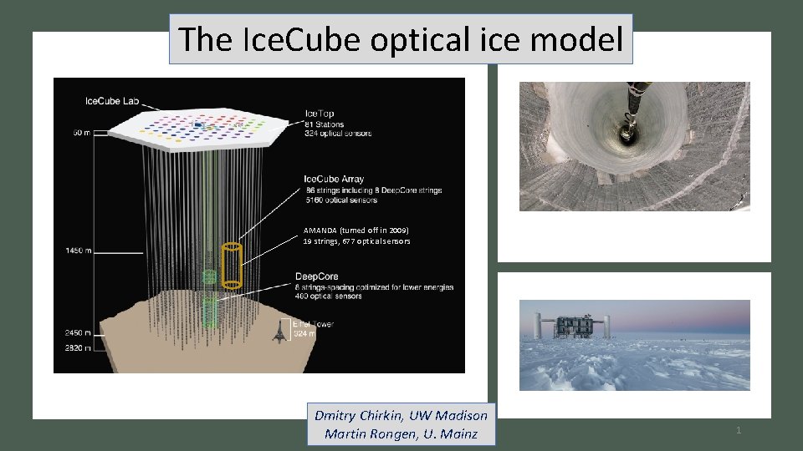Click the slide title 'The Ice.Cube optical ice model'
pos(401,39)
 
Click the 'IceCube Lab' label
pos(112,101)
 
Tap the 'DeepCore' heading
pos(318,276)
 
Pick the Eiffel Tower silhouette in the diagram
pos(279,332)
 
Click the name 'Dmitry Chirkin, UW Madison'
pos(401,415)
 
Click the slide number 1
pos(739,430)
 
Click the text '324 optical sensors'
pos(338,134)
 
